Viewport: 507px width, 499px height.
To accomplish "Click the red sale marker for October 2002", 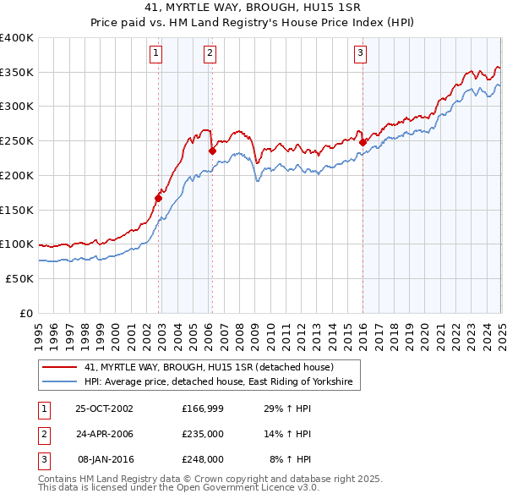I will (x=159, y=199).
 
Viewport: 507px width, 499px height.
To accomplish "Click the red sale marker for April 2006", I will (x=212, y=151).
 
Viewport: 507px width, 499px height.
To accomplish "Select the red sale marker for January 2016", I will (x=363, y=143).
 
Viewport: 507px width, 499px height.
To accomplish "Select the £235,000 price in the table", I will (x=203, y=434).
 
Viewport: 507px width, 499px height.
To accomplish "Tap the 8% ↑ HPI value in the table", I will (x=290, y=459).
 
